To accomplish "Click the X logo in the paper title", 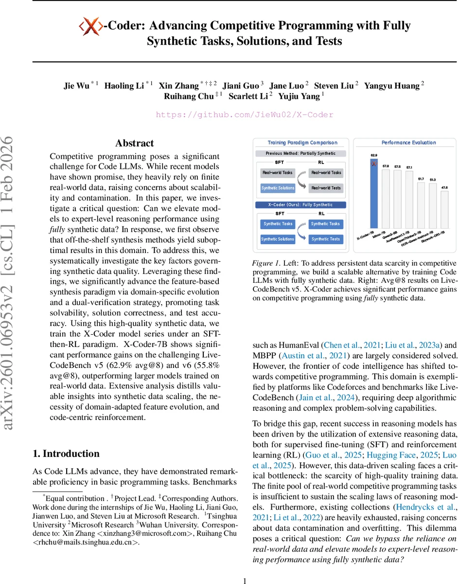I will point(91,25).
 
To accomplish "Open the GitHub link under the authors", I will point(245,115).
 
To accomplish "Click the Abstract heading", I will point(134,143).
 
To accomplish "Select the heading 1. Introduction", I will point(66,454).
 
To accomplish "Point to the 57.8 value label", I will point(385,166).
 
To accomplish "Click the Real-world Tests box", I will point(326,188).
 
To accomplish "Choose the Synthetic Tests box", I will point(326,239).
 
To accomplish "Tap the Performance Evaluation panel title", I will point(408,143).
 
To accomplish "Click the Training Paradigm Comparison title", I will point(302,143).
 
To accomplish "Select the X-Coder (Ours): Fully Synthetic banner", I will point(302,205).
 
